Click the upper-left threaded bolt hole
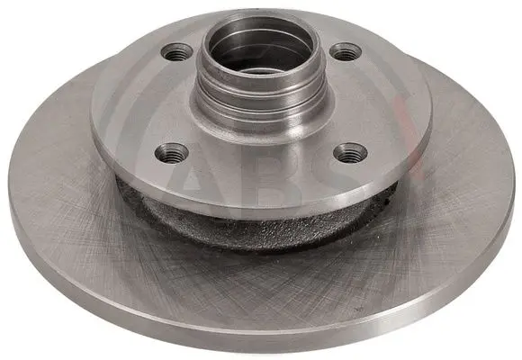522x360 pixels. (177, 52)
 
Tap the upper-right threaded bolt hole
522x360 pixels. (346, 51)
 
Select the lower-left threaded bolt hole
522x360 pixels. (172, 153)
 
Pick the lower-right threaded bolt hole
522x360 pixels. (350, 153)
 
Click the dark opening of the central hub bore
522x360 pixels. (261, 61)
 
